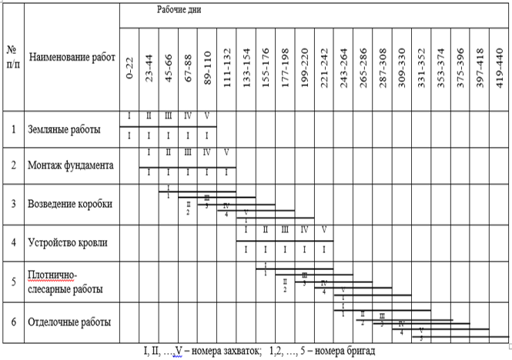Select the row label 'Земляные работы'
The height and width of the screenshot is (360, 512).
tap(63, 129)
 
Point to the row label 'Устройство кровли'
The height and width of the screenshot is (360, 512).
tap(67, 243)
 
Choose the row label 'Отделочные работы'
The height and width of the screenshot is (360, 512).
tap(69, 321)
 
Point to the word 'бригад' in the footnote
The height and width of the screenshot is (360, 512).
tap(359, 352)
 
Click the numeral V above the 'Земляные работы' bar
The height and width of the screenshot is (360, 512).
tap(207, 117)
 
